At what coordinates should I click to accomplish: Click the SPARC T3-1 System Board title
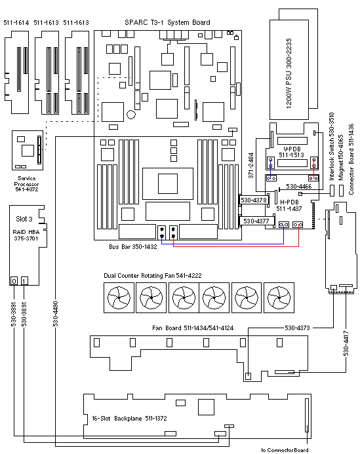click(167, 22)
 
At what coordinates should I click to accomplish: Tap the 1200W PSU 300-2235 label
click(289, 73)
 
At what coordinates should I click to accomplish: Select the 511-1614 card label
click(16, 22)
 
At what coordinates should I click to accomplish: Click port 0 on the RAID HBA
click(14, 280)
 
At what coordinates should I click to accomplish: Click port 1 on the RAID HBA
click(25, 280)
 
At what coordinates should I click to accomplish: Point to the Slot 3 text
click(24, 219)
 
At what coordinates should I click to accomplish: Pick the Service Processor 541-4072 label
click(26, 184)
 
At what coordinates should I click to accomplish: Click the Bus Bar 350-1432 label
click(133, 247)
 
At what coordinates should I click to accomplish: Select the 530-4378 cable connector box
click(254, 200)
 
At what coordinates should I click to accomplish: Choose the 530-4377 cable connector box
click(256, 221)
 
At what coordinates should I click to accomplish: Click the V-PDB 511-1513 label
click(292, 152)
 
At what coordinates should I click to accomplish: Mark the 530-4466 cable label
click(299, 187)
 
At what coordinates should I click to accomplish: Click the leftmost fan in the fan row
click(119, 297)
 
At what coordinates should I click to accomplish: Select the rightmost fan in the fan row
click(279, 297)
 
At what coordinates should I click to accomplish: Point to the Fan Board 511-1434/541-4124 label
click(193, 328)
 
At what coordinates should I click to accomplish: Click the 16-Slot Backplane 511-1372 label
click(129, 419)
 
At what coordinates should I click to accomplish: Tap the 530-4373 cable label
click(298, 328)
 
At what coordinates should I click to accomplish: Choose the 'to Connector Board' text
click(285, 450)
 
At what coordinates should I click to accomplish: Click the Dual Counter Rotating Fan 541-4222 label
click(153, 276)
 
